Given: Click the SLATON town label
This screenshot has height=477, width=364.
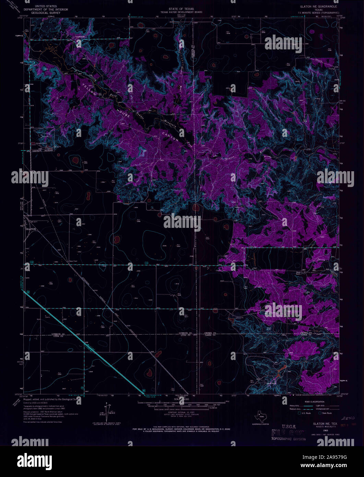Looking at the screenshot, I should pyautogui.click(x=31, y=229).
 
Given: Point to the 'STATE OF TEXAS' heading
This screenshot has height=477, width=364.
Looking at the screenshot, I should pyautogui.click(x=183, y=8).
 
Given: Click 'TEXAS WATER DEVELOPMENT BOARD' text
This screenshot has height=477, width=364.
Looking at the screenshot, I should pyautogui.click(x=183, y=12).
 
